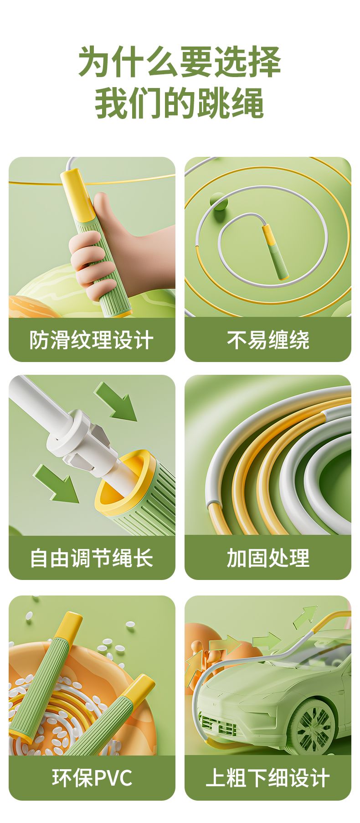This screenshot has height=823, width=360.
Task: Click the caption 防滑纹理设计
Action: point(92,340)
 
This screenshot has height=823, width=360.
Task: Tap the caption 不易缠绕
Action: point(268,340)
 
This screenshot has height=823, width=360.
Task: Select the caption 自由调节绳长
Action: point(92,558)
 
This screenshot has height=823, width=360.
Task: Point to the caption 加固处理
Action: point(268,558)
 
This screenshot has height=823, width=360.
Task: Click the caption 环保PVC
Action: point(92,778)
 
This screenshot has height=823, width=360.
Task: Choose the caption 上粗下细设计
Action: point(268,778)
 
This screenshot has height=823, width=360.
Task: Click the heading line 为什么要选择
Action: point(180,62)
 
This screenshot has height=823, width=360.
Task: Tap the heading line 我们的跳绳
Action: point(180,104)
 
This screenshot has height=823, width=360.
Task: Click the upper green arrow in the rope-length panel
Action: point(116,402)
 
